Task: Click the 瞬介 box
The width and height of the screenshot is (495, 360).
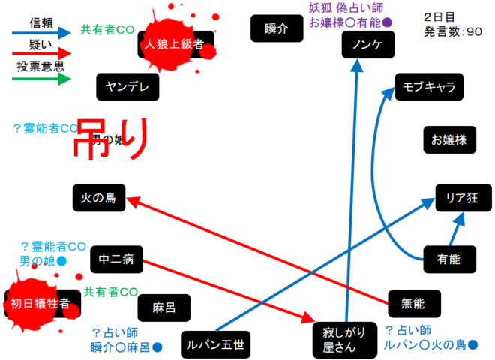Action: pyautogui.click(x=276, y=28)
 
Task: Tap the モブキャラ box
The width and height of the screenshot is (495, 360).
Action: pyautogui.click(x=428, y=87)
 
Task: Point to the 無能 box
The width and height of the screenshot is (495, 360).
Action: pyautogui.click(x=413, y=303)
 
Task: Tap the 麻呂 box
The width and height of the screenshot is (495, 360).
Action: pyautogui.click(x=163, y=307)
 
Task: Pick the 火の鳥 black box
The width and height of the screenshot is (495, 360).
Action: pyautogui.click(x=98, y=198)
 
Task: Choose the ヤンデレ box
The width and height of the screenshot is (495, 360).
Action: pyautogui.click(x=127, y=87)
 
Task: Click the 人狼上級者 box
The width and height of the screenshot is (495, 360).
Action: pyautogui.click(x=175, y=44)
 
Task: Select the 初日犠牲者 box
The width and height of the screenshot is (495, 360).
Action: pyautogui.click(x=40, y=303)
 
